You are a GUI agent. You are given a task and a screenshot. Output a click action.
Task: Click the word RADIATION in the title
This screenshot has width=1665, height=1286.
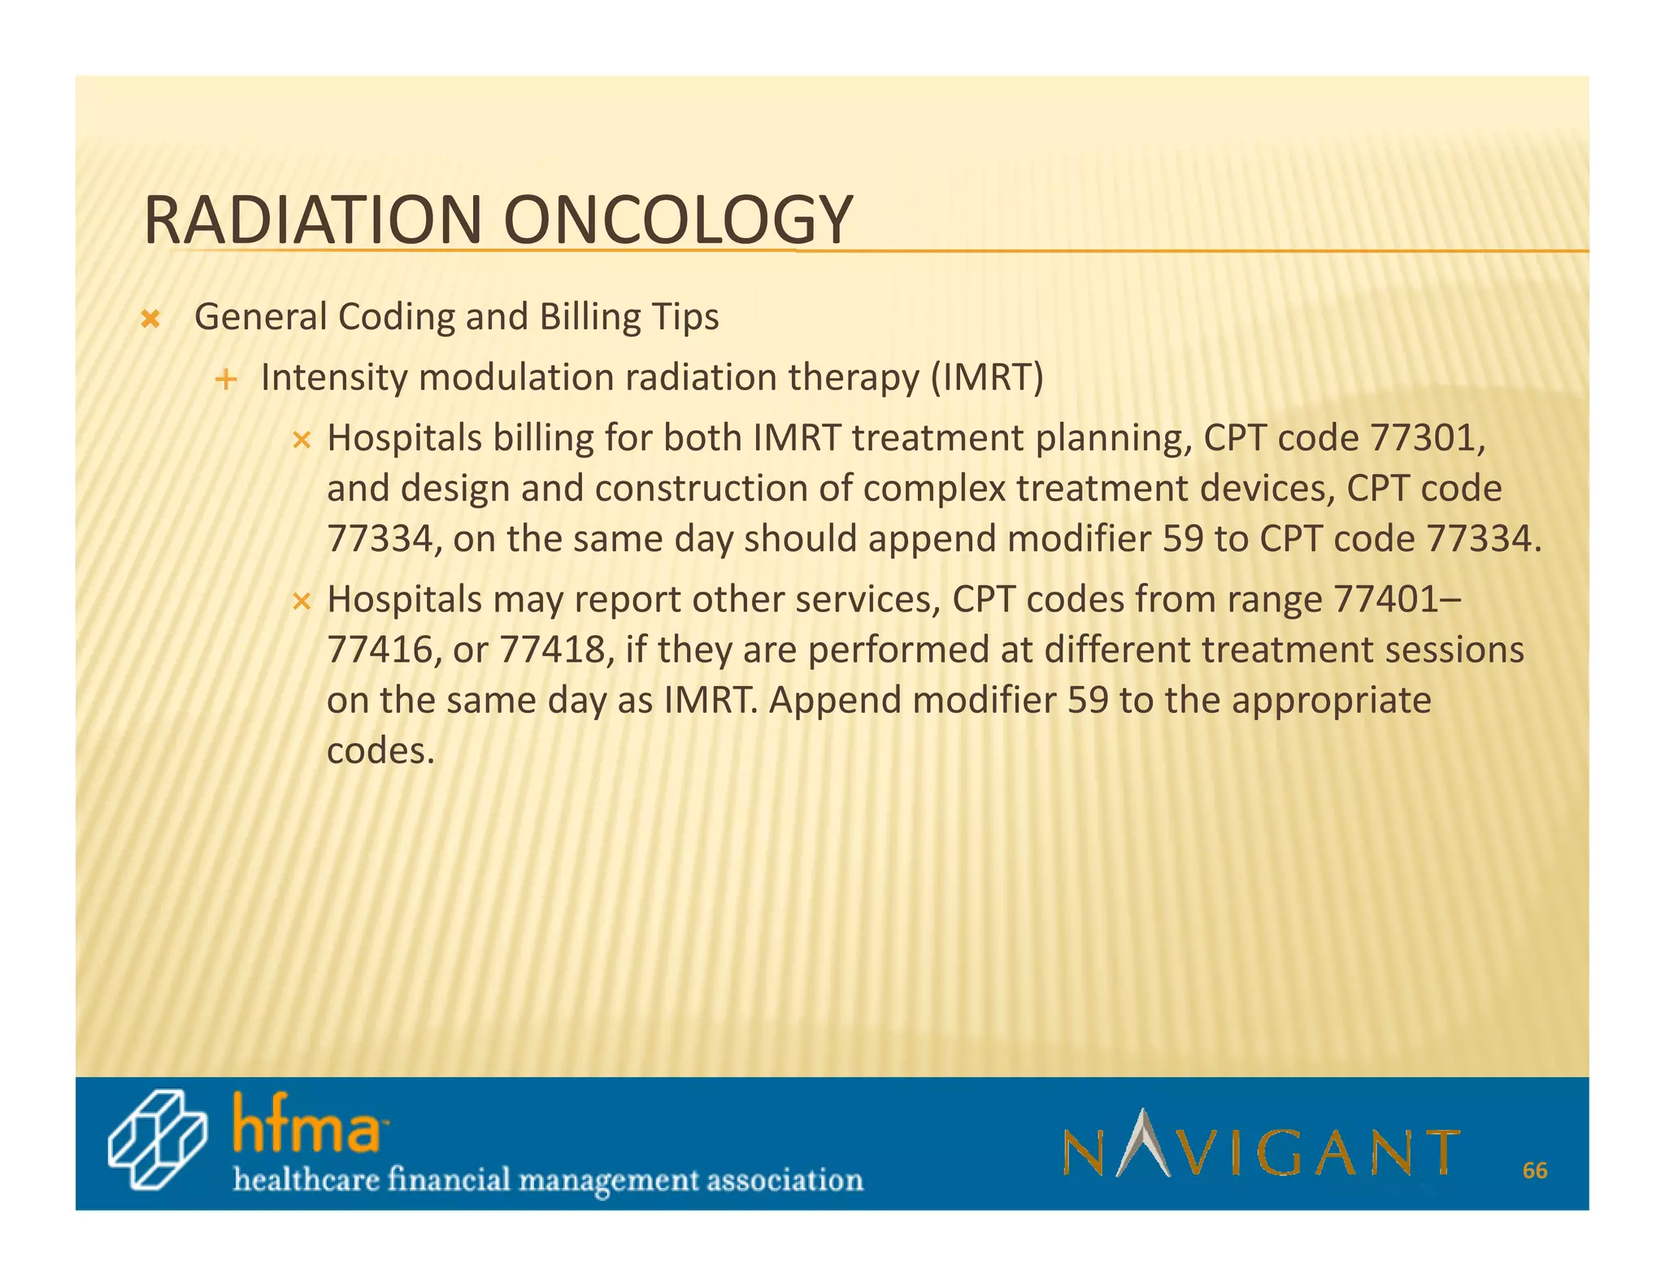pyautogui.click(x=313, y=220)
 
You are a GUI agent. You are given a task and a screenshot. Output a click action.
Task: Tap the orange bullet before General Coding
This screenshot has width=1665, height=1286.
pyautogui.click(x=150, y=319)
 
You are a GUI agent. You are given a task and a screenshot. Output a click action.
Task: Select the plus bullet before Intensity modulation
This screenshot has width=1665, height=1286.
pyautogui.click(x=226, y=379)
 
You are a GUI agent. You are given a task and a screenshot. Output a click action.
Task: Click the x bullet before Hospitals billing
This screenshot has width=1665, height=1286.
pyautogui.click(x=302, y=441)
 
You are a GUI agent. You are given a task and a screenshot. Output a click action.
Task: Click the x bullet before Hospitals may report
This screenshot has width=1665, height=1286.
pyautogui.click(x=302, y=602)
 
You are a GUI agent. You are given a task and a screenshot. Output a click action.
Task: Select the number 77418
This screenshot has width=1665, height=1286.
pyautogui.click(x=551, y=650)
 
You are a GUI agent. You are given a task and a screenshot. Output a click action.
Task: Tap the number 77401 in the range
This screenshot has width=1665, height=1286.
pyautogui.click(x=1385, y=600)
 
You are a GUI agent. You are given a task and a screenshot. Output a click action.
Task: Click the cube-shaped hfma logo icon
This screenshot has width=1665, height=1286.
pyautogui.click(x=157, y=1140)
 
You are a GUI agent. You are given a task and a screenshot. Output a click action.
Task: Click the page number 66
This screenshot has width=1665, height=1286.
pyautogui.click(x=1534, y=1171)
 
